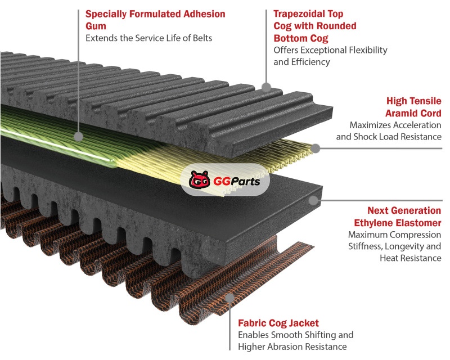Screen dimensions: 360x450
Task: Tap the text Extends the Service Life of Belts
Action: coord(148,38)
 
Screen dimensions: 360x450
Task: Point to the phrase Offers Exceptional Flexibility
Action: coord(330,50)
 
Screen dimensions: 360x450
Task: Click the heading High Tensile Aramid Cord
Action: coord(413,107)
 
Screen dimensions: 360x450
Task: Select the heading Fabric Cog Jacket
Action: coord(278,323)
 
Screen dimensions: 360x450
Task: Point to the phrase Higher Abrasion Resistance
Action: coord(292,346)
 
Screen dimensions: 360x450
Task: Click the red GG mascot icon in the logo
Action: coord(198,181)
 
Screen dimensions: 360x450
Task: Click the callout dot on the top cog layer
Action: coord(267,88)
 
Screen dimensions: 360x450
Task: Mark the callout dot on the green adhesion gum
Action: coord(79,136)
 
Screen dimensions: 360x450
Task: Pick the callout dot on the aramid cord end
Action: coord(316,149)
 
